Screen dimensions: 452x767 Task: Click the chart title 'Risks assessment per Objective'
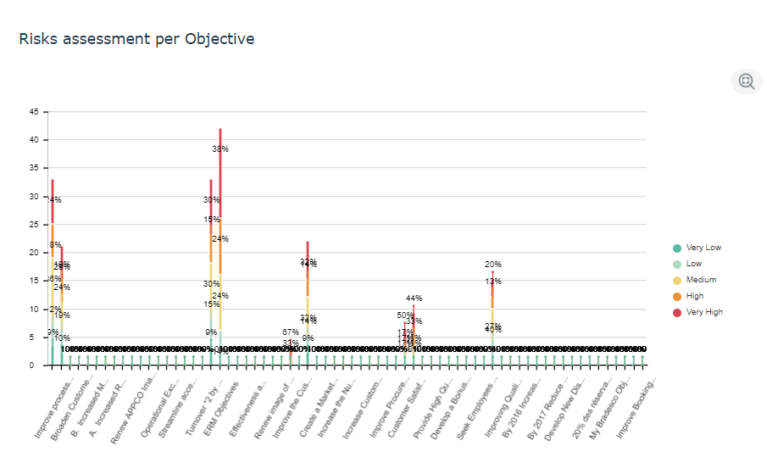(x=136, y=39)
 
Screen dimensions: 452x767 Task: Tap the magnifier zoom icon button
(x=746, y=81)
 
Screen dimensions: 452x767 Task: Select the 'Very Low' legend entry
(x=703, y=248)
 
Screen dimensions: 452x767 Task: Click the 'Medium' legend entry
(x=700, y=280)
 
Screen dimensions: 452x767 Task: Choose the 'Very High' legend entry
(x=703, y=312)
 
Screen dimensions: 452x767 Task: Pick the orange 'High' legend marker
(x=676, y=296)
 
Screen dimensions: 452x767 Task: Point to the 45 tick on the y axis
(x=34, y=112)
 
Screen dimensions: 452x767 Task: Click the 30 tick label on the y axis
(x=34, y=197)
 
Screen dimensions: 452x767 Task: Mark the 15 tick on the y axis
(x=34, y=282)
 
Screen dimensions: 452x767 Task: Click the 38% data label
(x=220, y=149)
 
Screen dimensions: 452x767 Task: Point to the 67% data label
(x=290, y=332)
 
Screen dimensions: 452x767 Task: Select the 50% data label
(x=405, y=315)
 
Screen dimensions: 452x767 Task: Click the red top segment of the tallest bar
(x=220, y=170)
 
